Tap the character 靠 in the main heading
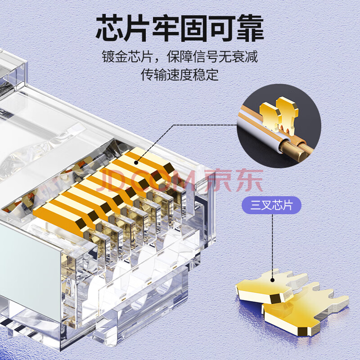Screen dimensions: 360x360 coord(251,28)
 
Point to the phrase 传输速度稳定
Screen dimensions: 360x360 coord(180,74)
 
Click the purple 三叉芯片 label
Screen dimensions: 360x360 coord(272,205)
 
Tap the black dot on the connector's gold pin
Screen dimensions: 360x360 coord(136,163)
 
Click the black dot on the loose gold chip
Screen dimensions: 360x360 coord(273,280)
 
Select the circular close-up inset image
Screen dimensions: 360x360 coord(279,126)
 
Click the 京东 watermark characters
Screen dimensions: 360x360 coord(234,180)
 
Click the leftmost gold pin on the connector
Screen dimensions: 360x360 coord(60,219)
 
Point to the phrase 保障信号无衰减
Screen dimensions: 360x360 coord(212,57)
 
